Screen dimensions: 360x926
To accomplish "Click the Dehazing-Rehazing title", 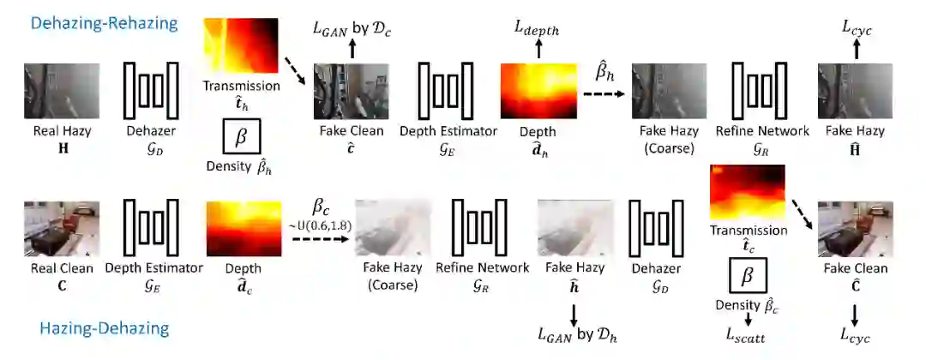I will click(x=104, y=23).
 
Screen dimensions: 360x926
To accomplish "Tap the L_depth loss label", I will click(x=537, y=30).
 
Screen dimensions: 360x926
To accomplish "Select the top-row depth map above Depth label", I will click(x=537, y=92).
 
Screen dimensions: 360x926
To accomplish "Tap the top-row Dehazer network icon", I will click(x=151, y=90).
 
